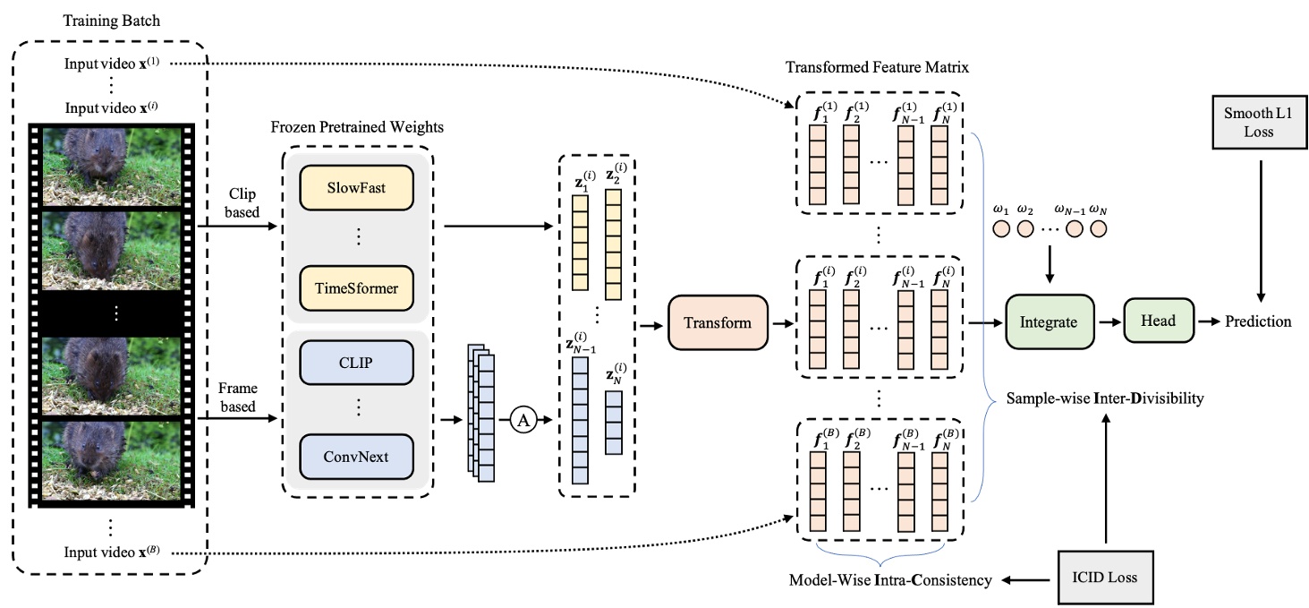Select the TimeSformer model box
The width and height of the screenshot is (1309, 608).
[357, 287]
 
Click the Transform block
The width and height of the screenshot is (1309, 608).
[718, 322]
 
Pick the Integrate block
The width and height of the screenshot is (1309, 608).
[1049, 321]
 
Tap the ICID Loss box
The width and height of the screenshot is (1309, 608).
[1107, 578]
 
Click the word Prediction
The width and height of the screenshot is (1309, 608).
[1258, 321]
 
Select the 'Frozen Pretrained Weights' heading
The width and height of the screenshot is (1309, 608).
[357, 127]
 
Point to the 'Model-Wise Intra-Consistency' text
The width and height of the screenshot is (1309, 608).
[889, 580]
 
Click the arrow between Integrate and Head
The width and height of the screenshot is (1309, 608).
[1109, 321]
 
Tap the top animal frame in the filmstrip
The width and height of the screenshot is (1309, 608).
[112, 161]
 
